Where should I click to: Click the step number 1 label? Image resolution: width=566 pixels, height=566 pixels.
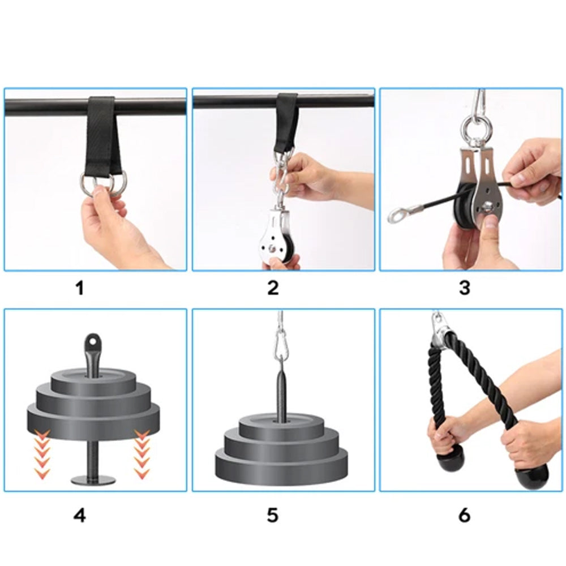(x=80, y=288)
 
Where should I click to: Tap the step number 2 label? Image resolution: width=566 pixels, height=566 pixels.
(x=273, y=288)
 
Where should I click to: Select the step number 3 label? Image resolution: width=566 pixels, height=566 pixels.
(x=464, y=288)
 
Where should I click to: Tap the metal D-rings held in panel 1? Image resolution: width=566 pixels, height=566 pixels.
(x=105, y=184)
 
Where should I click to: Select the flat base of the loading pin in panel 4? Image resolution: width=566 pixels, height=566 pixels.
(x=93, y=480)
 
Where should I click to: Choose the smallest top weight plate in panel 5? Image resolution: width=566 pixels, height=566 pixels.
(x=273, y=423)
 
